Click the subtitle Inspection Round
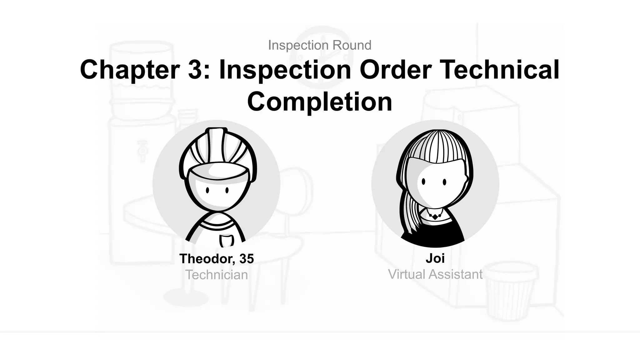(320, 45)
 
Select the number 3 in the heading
(195, 69)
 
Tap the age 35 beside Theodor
(247, 259)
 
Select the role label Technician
(217, 275)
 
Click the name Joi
(435, 258)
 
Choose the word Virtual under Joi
(407, 274)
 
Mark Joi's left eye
(423, 182)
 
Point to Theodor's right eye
(227, 190)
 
